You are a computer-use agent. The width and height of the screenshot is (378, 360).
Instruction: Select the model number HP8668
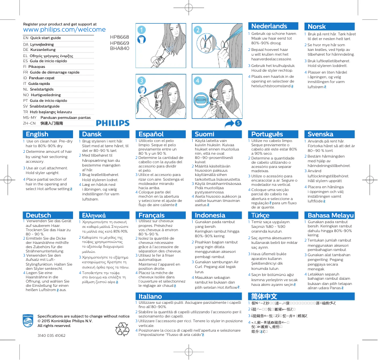click(120, 37)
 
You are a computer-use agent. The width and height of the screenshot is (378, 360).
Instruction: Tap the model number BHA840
click(120, 48)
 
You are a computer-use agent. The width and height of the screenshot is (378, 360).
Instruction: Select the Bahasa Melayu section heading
click(330, 215)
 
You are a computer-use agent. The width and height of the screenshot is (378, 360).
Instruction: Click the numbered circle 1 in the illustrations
click(140, 29)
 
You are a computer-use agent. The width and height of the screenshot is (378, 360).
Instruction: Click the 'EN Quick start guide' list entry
click(42, 38)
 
